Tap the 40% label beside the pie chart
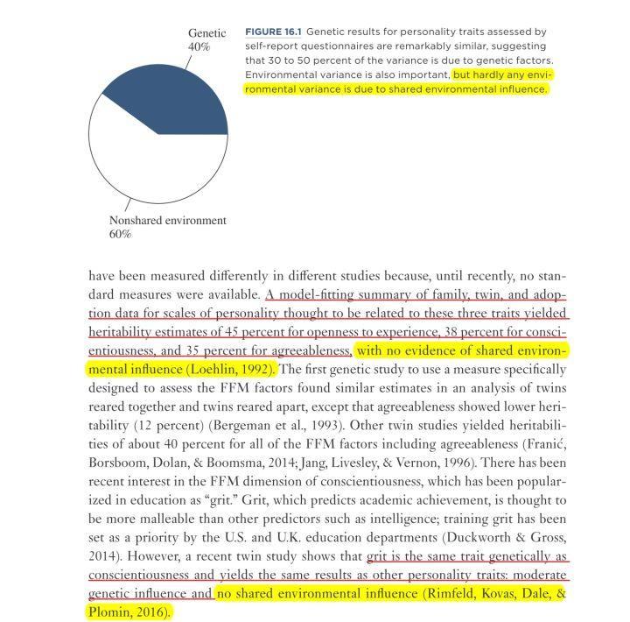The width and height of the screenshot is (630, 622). click(x=199, y=46)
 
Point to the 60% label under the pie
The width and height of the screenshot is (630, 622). click(x=120, y=235)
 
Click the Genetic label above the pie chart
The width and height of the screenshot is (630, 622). click(x=206, y=33)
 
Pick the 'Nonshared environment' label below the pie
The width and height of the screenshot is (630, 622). click(x=167, y=221)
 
